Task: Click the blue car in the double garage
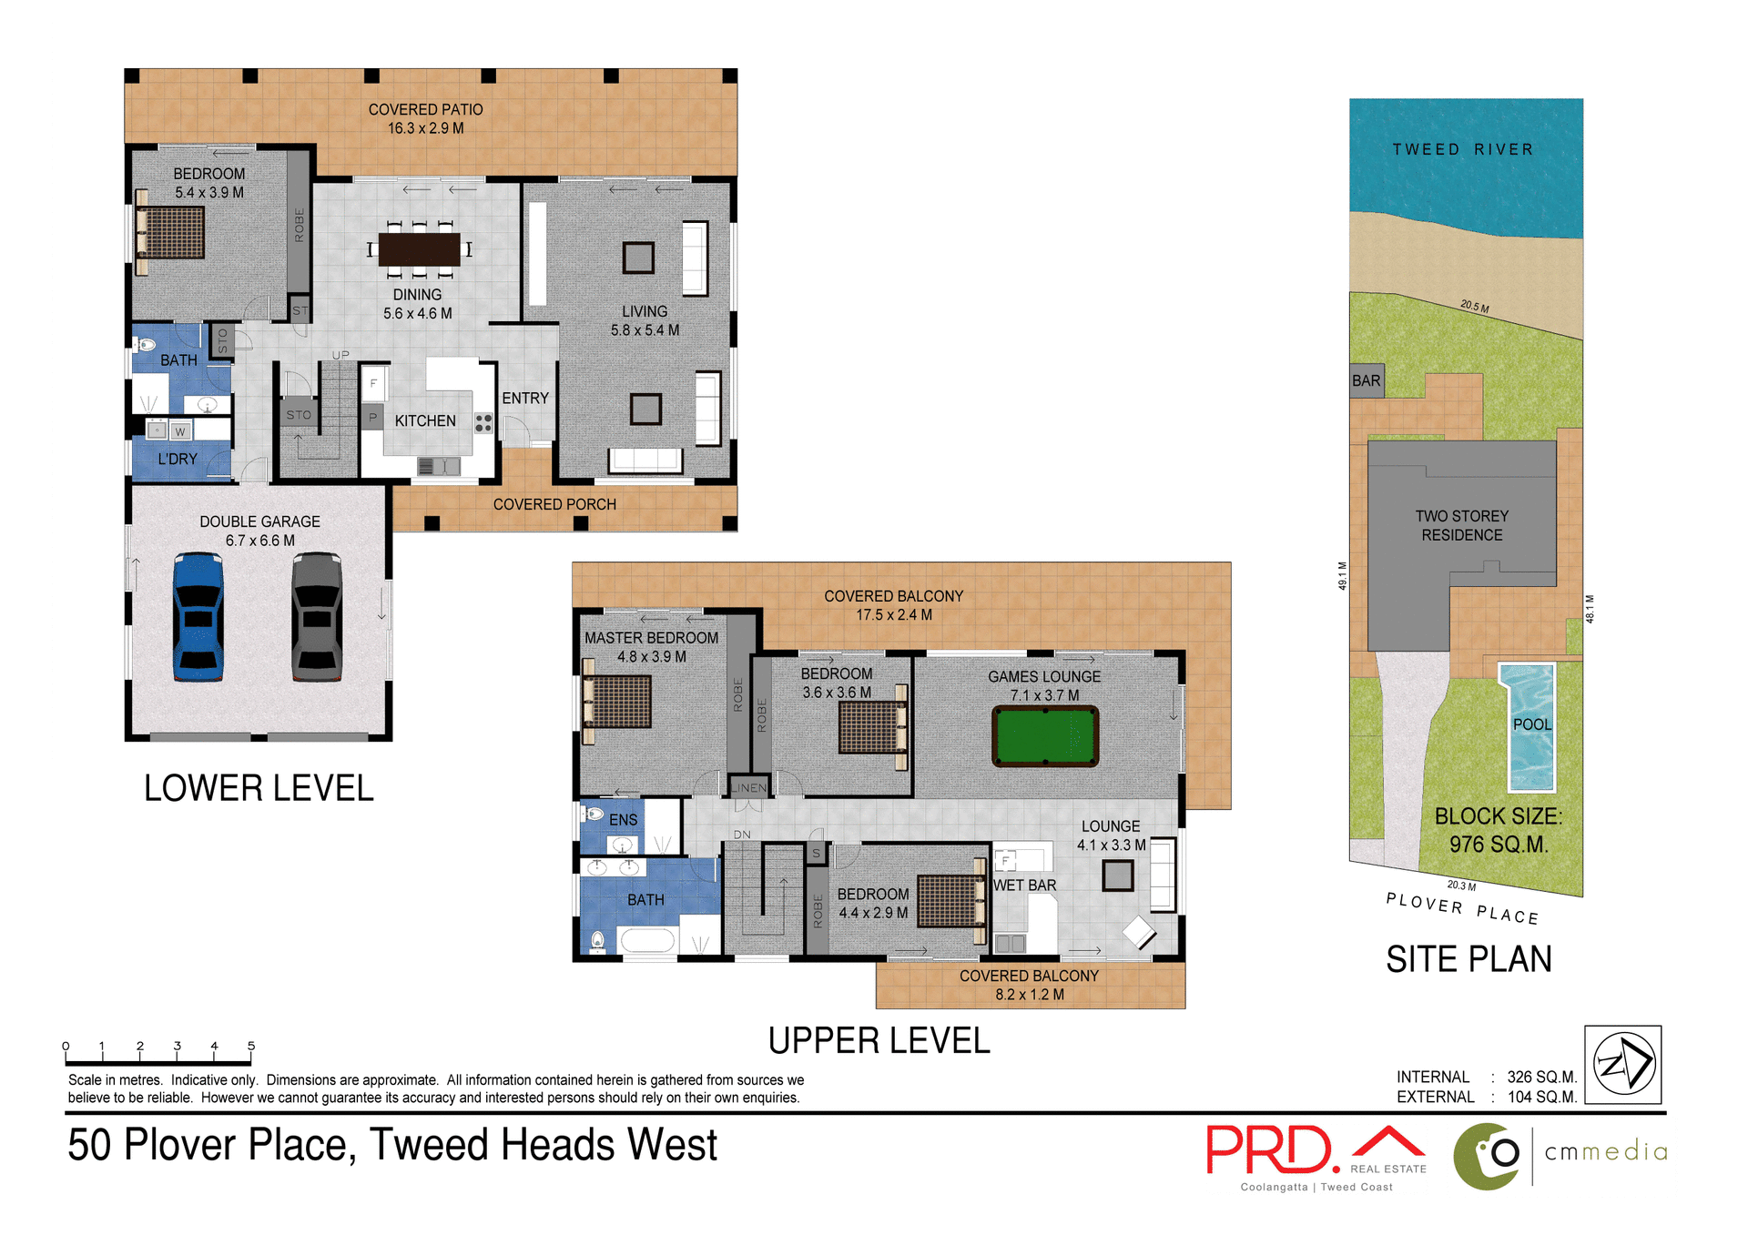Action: (198, 617)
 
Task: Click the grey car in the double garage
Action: (317, 617)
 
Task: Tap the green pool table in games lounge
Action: (1044, 736)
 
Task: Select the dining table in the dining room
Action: (419, 248)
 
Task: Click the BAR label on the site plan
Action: (1366, 380)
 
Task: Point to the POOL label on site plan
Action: (1531, 724)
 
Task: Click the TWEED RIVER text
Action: (1462, 149)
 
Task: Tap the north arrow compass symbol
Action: (1622, 1064)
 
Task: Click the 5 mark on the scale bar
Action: (251, 1047)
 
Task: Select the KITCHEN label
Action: (425, 420)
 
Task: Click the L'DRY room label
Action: (178, 459)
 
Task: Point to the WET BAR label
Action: (1024, 885)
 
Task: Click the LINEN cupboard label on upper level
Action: (748, 788)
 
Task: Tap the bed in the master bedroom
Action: (617, 702)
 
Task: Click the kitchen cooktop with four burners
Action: (483, 422)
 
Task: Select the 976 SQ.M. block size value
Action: (1499, 845)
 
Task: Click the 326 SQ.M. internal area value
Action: (1541, 1077)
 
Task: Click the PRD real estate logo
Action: (1273, 1150)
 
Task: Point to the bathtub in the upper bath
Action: (647, 939)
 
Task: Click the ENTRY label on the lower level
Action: (525, 398)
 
